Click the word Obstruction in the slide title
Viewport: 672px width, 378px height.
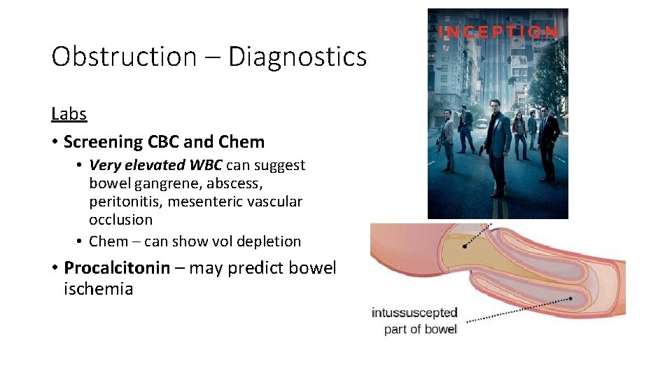click(124, 57)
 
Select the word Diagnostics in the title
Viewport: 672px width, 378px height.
click(297, 57)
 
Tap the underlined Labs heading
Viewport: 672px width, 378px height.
click(69, 113)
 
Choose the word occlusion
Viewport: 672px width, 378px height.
click(120, 220)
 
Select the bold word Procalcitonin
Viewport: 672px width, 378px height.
click(117, 268)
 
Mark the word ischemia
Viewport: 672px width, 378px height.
click(98, 289)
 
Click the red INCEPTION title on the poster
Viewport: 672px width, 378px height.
click(498, 31)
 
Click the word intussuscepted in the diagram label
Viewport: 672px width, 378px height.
click(414, 313)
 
